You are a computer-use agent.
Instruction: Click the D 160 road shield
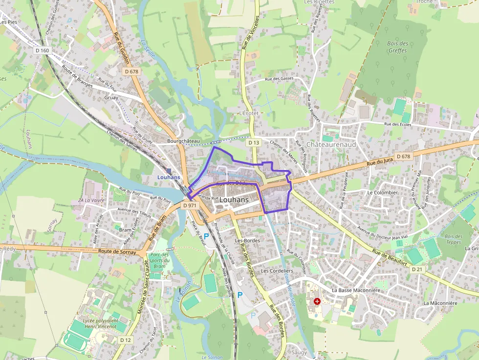[43, 50]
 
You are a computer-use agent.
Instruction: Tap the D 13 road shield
[253, 143]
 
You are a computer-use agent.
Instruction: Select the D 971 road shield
[190, 206]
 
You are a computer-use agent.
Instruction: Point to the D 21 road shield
[417, 269]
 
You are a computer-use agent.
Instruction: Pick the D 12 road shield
[126, 339]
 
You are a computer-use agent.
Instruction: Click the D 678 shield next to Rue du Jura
[403, 156]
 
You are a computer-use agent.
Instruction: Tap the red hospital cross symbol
[317, 301]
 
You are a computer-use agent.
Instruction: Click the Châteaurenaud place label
[331, 145]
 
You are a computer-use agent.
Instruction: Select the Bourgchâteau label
[183, 141]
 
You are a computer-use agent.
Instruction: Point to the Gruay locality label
[111, 97]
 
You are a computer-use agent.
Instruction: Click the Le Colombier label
[383, 192]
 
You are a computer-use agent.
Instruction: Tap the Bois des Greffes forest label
[397, 46]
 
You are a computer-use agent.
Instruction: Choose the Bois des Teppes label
[453, 239]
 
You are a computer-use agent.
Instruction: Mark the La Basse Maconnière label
[355, 290]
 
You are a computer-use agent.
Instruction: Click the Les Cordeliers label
[277, 271]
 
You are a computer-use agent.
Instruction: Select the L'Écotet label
[248, 113]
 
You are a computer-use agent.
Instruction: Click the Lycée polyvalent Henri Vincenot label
[101, 323]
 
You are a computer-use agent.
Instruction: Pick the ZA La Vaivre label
[92, 200]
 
